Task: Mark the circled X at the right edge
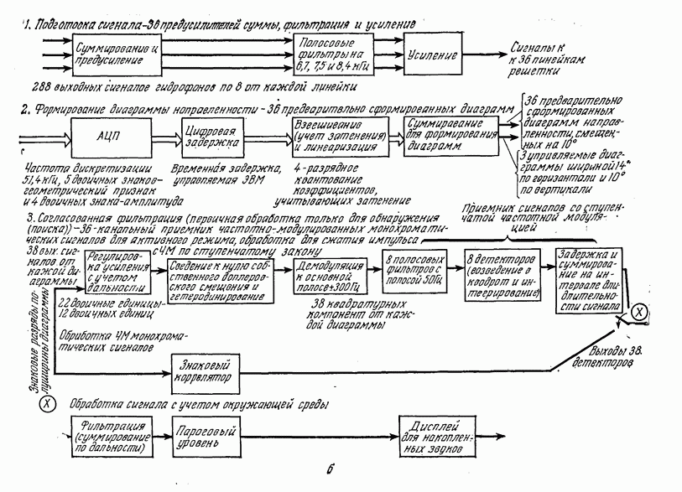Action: (x=638, y=313)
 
